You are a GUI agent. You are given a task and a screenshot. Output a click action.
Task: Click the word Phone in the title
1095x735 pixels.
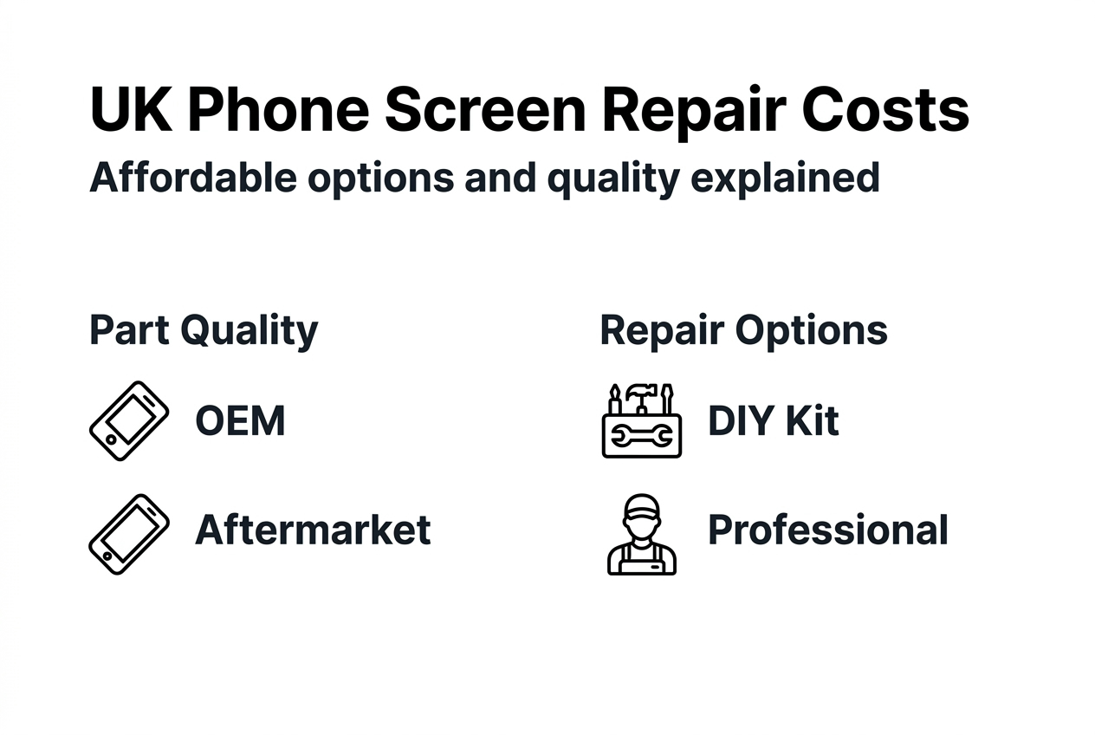[x=277, y=110]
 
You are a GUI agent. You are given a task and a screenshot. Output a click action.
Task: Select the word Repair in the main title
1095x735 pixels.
[x=684, y=110]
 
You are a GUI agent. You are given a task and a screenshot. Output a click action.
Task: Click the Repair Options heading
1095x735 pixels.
[x=743, y=330]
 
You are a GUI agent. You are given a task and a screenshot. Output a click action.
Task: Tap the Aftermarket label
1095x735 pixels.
[x=313, y=530]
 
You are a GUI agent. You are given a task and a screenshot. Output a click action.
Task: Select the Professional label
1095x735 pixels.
[x=828, y=530]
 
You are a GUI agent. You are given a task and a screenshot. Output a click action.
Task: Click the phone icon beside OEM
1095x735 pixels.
[x=129, y=421]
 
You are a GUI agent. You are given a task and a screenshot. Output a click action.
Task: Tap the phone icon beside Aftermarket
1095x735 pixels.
[x=129, y=534]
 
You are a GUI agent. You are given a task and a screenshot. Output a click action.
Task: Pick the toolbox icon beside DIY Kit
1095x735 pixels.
[x=641, y=421]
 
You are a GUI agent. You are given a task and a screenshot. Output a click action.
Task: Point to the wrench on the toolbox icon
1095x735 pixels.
[x=642, y=437]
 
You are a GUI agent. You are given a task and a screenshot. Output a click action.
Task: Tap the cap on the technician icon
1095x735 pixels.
[x=641, y=506]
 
